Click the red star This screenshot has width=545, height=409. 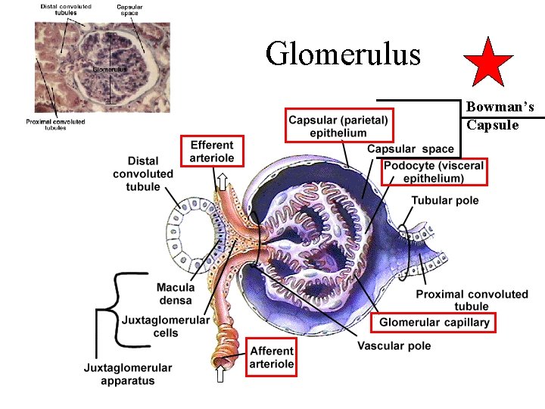(487, 63)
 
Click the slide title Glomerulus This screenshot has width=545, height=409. (343, 54)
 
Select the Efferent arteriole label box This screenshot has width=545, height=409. (213, 151)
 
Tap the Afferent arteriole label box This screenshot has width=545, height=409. (272, 357)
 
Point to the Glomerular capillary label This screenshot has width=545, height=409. (434, 323)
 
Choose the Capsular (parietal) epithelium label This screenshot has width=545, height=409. (338, 126)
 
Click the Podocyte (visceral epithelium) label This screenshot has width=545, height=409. (434, 172)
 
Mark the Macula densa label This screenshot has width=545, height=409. (176, 294)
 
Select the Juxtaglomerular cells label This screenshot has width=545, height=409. (166, 326)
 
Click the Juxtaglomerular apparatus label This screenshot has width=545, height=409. (128, 373)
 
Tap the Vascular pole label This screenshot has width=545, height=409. (394, 346)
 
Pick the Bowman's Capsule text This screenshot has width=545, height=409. (500, 116)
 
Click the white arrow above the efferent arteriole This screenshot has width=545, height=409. (223, 180)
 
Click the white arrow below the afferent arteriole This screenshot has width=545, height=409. (220, 376)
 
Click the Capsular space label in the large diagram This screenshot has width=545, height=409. (410, 149)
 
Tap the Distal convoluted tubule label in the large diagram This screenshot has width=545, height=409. (143, 173)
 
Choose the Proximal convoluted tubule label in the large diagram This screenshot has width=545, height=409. (472, 300)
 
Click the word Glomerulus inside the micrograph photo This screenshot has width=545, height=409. (110, 70)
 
